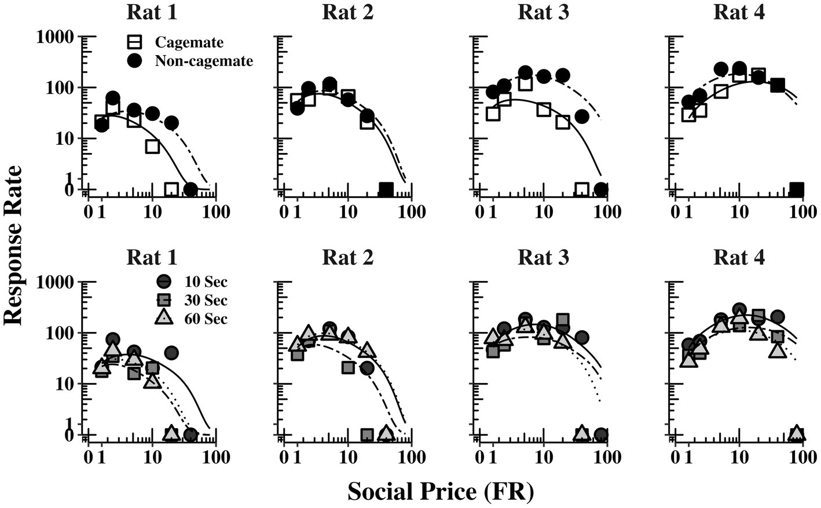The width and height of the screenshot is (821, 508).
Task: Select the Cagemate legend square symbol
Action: (135, 42)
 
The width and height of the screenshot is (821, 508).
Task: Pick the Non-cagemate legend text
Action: (204, 61)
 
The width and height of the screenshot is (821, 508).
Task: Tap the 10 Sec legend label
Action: (206, 282)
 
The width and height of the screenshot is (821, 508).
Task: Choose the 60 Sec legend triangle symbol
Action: (164, 318)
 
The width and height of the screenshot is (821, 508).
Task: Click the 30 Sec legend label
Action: (206, 301)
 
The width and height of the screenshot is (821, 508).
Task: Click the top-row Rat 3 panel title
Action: (543, 13)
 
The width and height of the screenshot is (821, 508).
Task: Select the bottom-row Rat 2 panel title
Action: (347, 258)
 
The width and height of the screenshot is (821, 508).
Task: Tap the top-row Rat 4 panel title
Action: (739, 13)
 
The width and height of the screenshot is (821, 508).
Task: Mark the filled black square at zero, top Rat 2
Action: (386, 189)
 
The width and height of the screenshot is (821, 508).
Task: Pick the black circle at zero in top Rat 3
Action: (601, 189)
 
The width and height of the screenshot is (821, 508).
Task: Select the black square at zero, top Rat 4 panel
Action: (797, 189)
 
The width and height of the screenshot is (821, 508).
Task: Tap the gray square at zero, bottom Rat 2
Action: (366, 434)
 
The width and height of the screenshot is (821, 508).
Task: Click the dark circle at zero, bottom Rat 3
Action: (601, 434)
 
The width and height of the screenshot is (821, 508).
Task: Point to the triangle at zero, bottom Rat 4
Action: (797, 433)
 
